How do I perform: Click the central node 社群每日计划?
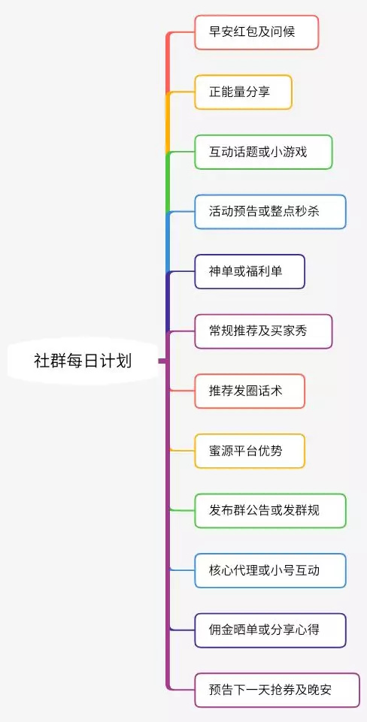tap(83, 361)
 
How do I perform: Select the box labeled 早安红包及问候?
tap(256, 32)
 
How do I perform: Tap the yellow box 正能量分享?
tap(243, 92)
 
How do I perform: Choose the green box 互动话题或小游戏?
tap(263, 152)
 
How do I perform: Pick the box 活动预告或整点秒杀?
tap(270, 212)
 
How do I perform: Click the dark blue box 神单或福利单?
tap(250, 272)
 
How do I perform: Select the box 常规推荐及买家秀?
tap(263, 331)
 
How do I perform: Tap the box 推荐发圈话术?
tap(250, 391)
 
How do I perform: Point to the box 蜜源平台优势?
tap(250, 451)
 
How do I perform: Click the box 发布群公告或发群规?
tap(270, 511)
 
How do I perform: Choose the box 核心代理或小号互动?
tap(270, 570)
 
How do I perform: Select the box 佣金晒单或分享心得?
tap(270, 630)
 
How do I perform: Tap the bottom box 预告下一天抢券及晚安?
tap(277, 690)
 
